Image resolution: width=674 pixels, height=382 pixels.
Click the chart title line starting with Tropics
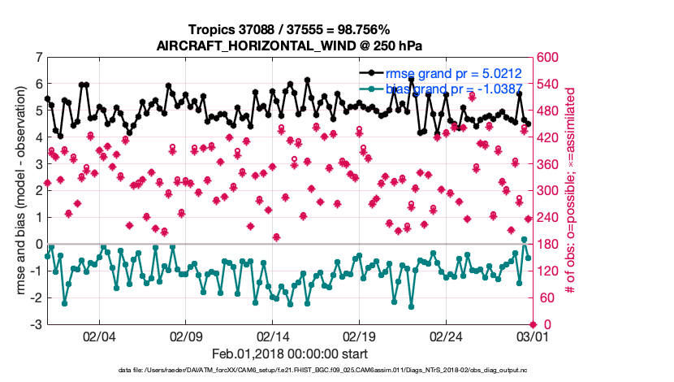coord(290,30)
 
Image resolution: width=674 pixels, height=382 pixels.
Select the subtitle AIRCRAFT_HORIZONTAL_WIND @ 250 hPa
coord(290,46)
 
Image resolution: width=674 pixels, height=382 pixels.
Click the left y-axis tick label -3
coord(37,325)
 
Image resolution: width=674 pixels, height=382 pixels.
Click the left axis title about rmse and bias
coord(19,191)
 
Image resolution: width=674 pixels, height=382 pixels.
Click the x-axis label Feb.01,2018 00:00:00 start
coord(290,354)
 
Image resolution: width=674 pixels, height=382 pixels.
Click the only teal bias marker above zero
coord(524,240)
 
